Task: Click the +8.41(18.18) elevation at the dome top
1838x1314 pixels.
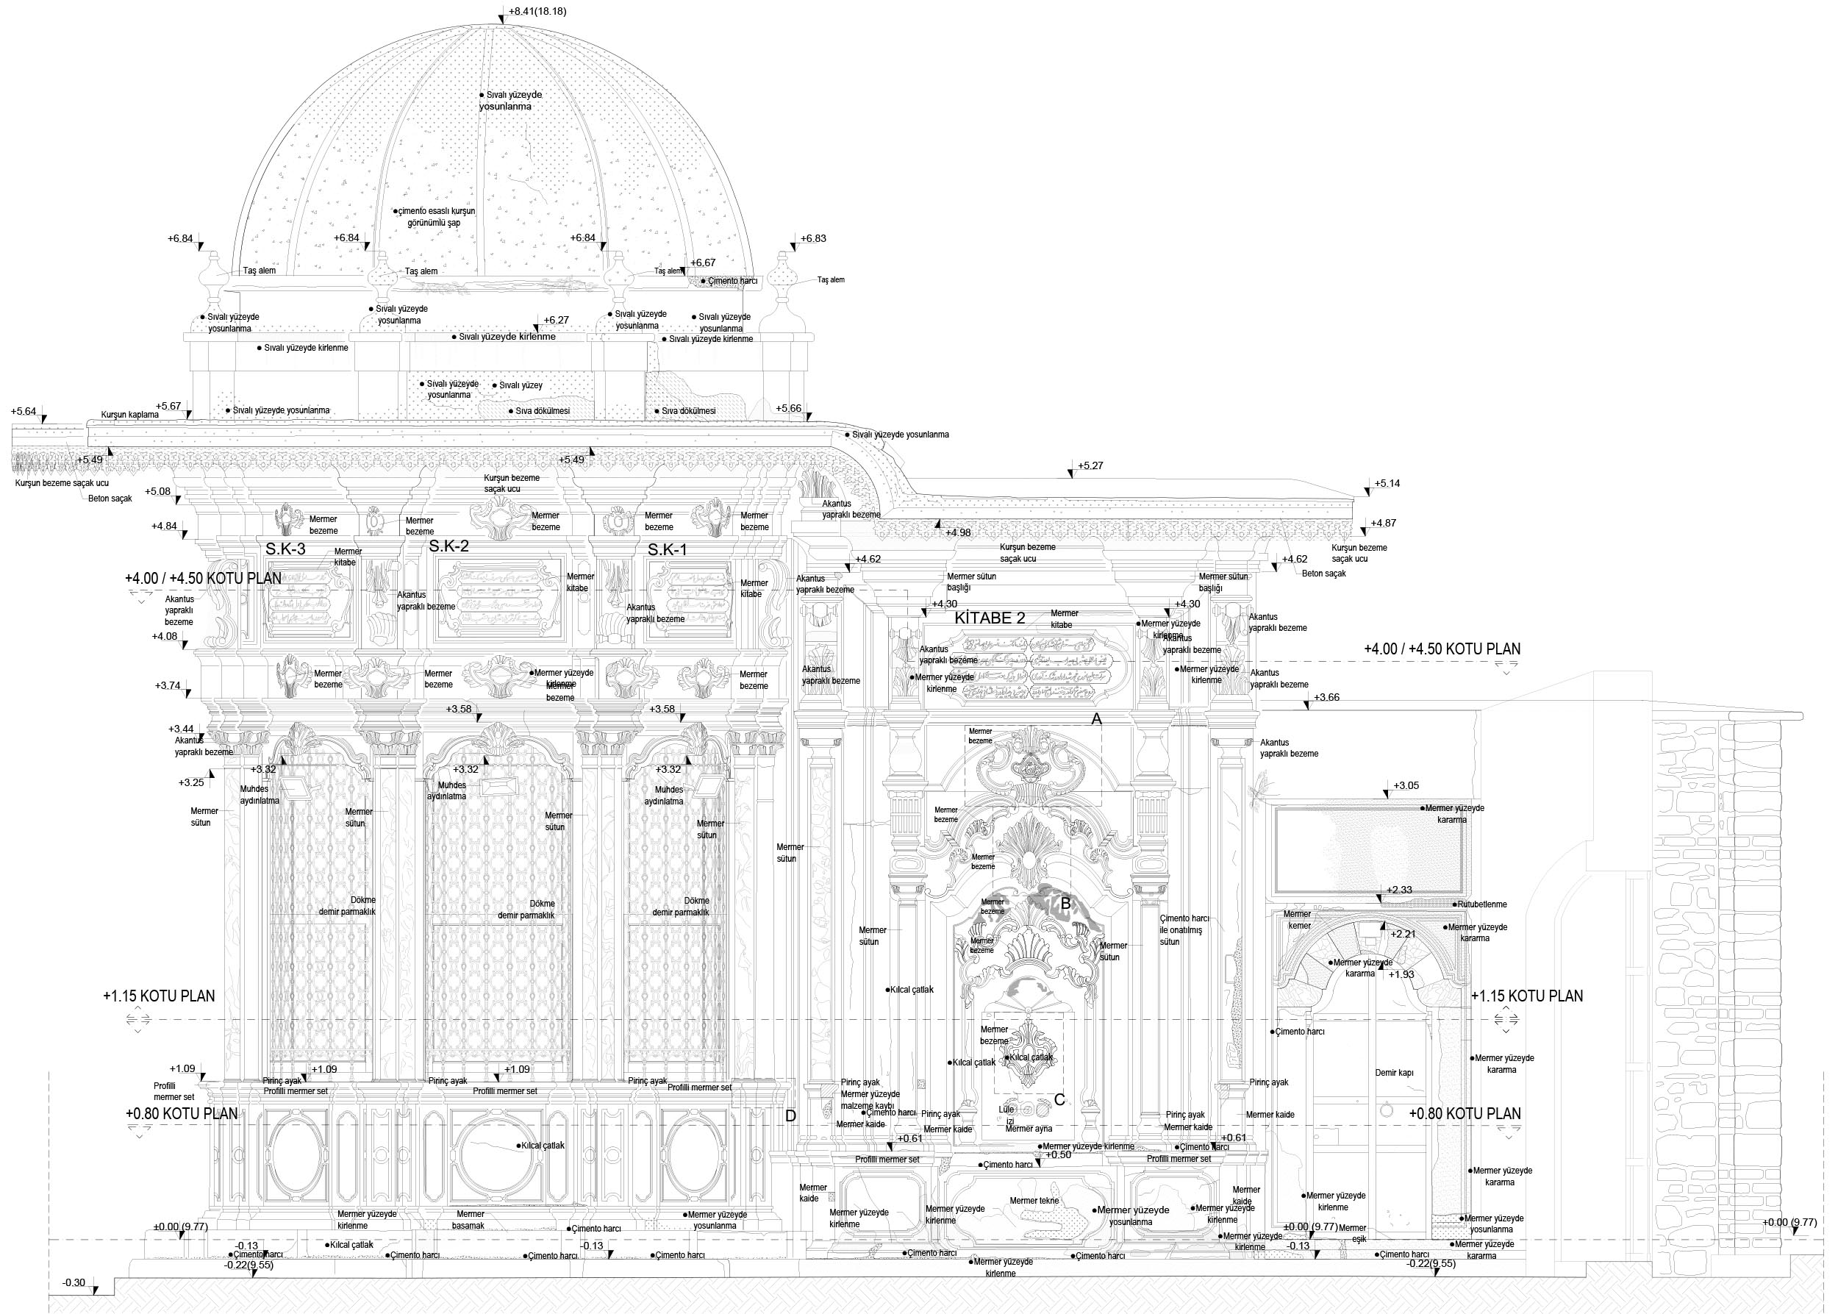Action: pos(537,11)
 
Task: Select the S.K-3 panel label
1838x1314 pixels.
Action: pos(285,549)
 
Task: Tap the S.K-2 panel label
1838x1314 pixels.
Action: pos(449,546)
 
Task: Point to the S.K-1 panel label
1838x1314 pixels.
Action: pos(668,550)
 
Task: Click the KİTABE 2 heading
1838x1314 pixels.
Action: pos(990,618)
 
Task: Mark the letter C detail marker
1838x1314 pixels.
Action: pos(1059,1099)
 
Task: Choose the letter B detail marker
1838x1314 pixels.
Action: pos(1065,904)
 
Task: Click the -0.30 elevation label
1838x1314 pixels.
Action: pos(74,1282)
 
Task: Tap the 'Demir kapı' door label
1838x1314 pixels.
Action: pos(1395,1073)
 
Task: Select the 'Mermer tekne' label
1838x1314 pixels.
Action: pos(1034,1201)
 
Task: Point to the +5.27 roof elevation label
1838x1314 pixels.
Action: pos(1090,466)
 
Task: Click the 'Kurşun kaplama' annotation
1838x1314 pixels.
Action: pos(129,415)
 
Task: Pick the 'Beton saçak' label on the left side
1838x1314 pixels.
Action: pos(110,499)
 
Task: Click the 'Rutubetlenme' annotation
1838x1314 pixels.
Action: pos(1482,904)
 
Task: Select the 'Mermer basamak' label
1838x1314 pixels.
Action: pos(470,1219)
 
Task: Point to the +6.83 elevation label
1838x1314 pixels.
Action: pos(813,239)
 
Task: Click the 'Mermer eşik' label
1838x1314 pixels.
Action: pos(1352,1233)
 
